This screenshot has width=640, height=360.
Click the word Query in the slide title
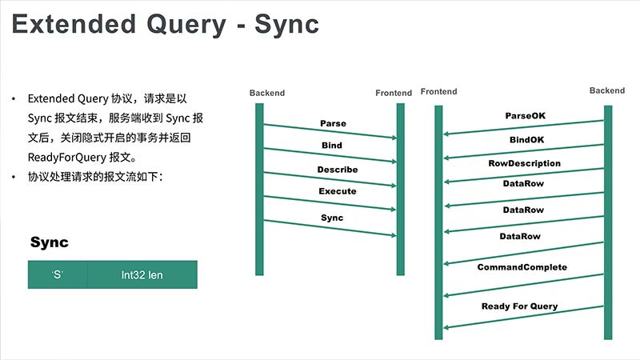[x=186, y=26]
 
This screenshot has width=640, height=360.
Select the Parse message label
[x=333, y=123]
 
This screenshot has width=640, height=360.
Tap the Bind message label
[x=332, y=146]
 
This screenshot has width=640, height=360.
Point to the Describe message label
[x=338, y=170]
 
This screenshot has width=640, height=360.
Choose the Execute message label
[x=338, y=191]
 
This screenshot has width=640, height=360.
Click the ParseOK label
[x=526, y=116]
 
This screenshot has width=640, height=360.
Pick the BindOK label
[x=527, y=139]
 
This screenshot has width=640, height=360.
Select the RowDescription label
[x=525, y=163]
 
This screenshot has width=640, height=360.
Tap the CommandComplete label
[x=522, y=267]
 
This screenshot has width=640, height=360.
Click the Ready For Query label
[x=519, y=306]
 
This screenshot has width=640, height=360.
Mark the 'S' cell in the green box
[x=58, y=274]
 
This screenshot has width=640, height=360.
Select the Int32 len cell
[x=142, y=274]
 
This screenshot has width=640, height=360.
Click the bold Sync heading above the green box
[x=50, y=242]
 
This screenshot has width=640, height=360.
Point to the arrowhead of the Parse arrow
[x=394, y=138]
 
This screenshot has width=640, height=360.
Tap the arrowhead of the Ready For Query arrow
[x=446, y=327]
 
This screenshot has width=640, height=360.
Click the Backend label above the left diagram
[x=267, y=93]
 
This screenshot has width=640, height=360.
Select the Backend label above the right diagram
[x=607, y=90]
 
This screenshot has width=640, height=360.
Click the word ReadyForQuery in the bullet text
[x=67, y=157]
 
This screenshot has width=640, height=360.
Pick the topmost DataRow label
[x=523, y=184]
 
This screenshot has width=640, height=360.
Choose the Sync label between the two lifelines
[x=332, y=218]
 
